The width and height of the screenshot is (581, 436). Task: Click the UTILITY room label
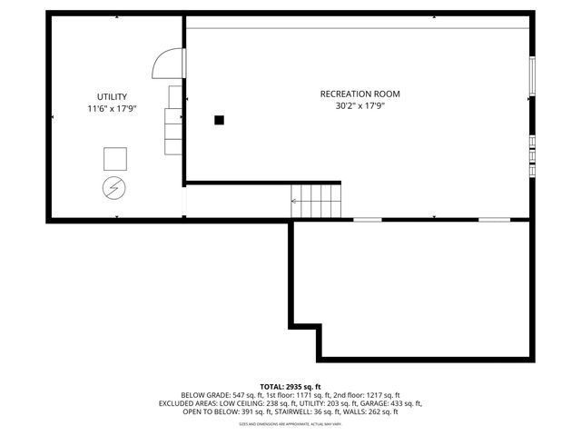[112, 96]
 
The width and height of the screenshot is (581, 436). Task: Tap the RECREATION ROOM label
[359, 94]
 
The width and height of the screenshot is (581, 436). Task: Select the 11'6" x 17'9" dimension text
[112, 109]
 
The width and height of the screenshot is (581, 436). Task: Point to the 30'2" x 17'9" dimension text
[359, 106]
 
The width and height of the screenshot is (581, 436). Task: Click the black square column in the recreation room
[219, 119]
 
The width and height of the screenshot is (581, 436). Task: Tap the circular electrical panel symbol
[114, 188]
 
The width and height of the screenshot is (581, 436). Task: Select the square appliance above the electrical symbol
[115, 158]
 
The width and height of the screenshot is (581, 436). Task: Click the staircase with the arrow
[315, 199]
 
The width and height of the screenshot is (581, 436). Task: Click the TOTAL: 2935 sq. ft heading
[290, 386]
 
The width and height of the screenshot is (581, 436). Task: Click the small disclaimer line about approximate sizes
[290, 423]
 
